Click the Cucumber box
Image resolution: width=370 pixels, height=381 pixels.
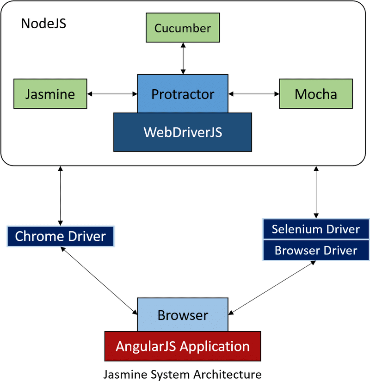[183, 28]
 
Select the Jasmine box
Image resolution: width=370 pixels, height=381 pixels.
[50, 94]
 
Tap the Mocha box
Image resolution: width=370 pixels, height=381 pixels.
[316, 94]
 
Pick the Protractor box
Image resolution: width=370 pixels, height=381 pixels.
[183, 94]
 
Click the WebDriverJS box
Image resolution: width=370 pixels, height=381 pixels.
[183, 132]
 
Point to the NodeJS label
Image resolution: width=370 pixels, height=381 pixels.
[44, 24]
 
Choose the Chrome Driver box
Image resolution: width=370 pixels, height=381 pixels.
[61, 237]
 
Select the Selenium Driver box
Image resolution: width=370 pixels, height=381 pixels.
[316, 229]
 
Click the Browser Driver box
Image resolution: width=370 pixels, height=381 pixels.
[316, 251]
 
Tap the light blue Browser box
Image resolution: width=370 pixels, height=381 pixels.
[183, 315]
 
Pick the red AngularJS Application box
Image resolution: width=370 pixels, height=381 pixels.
[183, 346]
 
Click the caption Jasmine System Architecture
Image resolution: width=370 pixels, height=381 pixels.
[182, 374]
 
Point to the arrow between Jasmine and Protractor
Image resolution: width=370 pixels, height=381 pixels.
[112, 94]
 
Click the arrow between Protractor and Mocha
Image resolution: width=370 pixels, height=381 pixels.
[253, 94]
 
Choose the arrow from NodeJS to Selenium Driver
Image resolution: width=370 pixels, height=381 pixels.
[316, 192]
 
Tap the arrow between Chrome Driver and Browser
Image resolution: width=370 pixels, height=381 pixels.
[99, 280]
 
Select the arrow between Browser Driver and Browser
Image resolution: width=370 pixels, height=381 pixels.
[272, 287]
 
